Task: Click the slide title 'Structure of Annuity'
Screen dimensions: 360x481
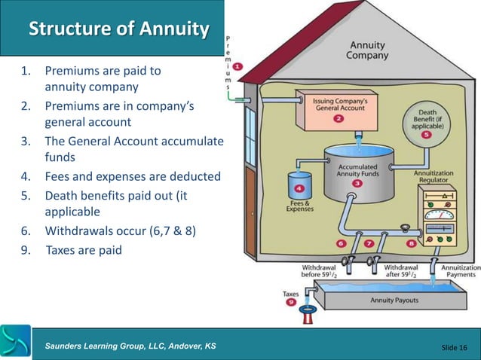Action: (x=118, y=29)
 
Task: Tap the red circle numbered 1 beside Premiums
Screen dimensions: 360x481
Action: (x=238, y=66)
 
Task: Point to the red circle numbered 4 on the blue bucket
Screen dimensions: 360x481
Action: (x=300, y=188)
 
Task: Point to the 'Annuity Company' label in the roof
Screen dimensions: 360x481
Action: (x=368, y=50)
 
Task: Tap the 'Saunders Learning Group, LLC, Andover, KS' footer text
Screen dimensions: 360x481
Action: (x=130, y=345)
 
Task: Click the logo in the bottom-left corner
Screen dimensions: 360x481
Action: (x=16, y=342)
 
